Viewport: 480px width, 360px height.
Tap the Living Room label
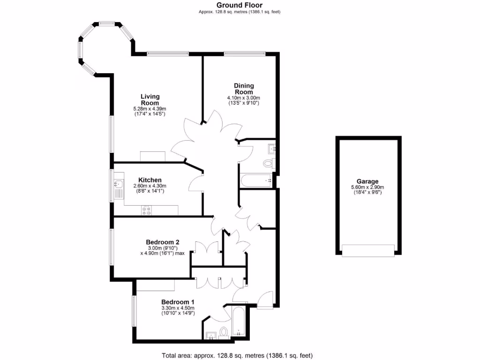(150, 99)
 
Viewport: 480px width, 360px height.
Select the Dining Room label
(244, 89)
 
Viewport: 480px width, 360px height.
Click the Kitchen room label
(150, 180)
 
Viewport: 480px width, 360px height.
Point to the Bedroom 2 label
(162, 242)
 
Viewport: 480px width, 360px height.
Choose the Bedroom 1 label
(178, 301)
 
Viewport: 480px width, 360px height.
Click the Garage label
(367, 181)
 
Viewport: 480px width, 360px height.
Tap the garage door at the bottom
(368, 250)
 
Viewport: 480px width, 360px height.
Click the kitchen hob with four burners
(146, 210)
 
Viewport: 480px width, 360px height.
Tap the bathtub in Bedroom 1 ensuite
(238, 322)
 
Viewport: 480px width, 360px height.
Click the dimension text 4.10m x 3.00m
(244, 97)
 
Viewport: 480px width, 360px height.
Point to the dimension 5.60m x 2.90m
(367, 187)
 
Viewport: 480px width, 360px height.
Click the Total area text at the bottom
(237, 355)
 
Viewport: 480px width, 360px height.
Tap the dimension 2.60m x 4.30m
(150, 186)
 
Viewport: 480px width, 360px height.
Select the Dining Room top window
(244, 53)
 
